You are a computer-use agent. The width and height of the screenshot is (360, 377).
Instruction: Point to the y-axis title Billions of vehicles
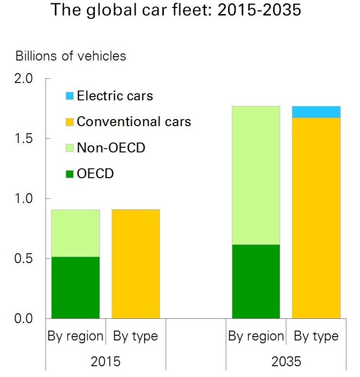click(x=71, y=56)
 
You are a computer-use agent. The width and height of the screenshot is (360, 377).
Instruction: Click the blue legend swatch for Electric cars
click(x=69, y=97)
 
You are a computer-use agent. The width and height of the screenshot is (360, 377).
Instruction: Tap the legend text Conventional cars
click(x=134, y=122)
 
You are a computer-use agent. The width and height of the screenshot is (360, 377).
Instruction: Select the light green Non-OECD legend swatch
click(x=69, y=149)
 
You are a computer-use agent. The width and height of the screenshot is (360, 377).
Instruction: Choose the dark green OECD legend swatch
click(x=69, y=174)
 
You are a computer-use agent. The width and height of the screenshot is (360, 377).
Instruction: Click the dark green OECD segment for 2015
click(x=76, y=287)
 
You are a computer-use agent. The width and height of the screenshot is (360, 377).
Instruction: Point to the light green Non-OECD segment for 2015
click(x=76, y=233)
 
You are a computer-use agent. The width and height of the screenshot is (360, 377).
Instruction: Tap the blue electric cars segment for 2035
click(x=316, y=112)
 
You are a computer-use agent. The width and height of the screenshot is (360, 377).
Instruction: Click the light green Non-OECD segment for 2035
click(x=256, y=175)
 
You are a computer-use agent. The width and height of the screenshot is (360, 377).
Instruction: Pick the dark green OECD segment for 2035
click(x=256, y=281)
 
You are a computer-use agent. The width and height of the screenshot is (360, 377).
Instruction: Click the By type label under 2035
click(x=316, y=336)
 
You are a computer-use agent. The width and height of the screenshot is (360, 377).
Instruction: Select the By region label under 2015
click(x=76, y=336)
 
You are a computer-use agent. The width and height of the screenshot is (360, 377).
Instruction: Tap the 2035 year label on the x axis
click(x=286, y=362)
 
